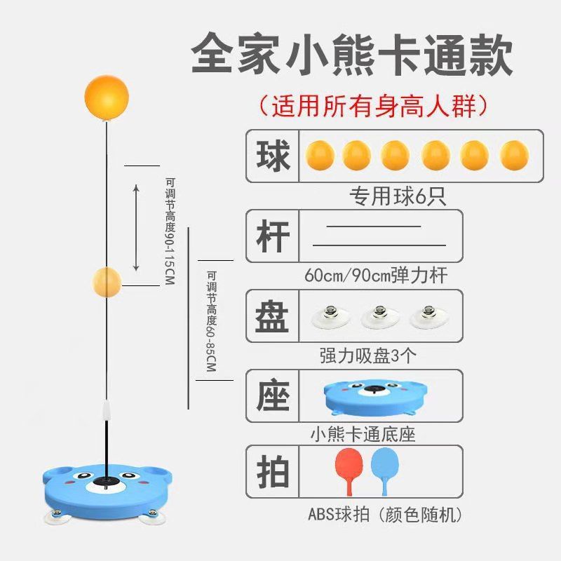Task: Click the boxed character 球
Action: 272,156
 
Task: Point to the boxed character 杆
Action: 272,236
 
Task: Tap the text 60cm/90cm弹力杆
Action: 376,275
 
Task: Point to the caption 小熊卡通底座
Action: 363,434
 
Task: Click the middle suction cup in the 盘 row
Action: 379,317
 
